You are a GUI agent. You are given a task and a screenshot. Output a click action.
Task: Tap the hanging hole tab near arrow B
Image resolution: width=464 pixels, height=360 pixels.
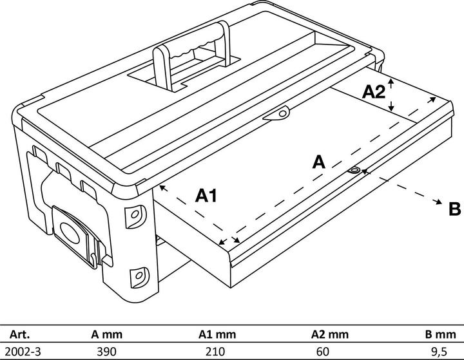355,170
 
